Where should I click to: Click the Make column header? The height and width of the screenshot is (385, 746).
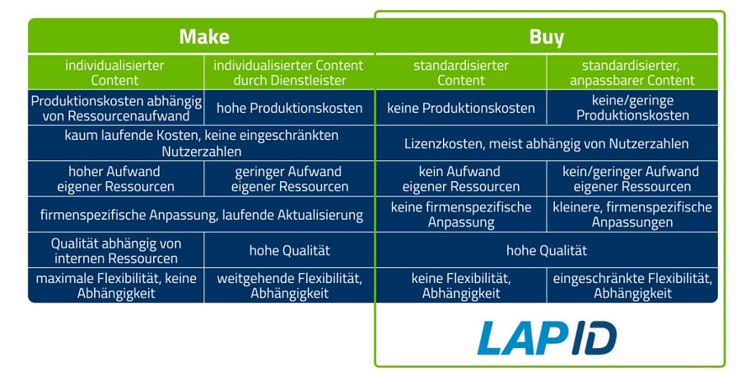203,37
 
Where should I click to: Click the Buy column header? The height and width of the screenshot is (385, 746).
546,37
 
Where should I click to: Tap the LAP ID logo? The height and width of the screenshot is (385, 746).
548,337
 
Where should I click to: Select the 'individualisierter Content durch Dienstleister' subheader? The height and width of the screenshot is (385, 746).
288,72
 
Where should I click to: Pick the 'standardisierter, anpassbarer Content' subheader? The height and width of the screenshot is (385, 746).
632,72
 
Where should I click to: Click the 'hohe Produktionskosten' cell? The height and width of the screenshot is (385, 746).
288,108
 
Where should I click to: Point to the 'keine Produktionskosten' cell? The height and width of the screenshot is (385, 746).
460,108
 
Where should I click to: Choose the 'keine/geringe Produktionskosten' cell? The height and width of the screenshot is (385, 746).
632,108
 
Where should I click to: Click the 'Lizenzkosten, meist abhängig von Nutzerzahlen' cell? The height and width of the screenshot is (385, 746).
546,143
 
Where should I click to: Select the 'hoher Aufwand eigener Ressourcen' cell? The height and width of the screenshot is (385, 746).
115,179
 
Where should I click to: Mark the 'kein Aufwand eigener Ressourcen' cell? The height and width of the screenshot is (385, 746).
460,179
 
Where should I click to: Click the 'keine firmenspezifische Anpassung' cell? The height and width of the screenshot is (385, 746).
460,214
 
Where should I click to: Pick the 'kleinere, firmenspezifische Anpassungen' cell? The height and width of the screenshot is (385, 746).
632,214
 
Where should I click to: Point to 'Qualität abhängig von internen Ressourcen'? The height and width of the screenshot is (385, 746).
115,250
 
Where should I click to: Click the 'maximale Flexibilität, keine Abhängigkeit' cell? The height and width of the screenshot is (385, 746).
115,285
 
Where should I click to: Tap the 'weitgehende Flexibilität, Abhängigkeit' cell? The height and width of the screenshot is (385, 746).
288,285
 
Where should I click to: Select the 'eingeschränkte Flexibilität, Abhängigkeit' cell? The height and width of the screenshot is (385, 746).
632,285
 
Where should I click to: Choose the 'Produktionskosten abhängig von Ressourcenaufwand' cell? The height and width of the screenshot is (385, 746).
115,108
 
